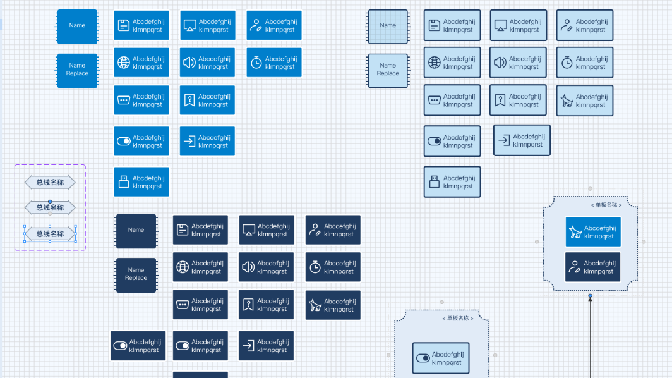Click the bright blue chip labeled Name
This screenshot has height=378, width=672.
point(77,26)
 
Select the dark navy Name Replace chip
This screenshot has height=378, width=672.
point(136,274)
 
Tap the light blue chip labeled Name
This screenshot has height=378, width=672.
point(388,26)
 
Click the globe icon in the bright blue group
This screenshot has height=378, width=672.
point(124,63)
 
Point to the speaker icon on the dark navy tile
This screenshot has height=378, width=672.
point(248,267)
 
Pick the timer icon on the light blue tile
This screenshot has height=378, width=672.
point(567,63)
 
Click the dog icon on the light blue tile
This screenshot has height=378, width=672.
point(567,101)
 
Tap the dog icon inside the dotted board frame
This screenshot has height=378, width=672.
point(575,232)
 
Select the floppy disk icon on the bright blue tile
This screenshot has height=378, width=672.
point(123,25)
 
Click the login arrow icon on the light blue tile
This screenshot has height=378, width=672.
point(504,140)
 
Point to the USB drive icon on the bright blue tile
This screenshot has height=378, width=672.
point(124,182)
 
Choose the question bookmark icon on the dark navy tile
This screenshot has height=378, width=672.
point(248,305)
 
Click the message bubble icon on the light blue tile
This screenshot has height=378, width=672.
point(435,101)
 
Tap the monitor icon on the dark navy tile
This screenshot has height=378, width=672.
point(249,230)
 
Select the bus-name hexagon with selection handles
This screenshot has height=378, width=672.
point(50,234)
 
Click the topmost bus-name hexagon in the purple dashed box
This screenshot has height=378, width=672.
point(50,182)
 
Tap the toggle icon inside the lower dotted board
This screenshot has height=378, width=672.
point(423,358)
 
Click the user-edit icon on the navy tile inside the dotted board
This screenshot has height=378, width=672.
point(574,267)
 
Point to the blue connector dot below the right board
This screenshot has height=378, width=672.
point(590,296)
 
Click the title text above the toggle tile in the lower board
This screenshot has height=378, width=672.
point(458,319)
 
